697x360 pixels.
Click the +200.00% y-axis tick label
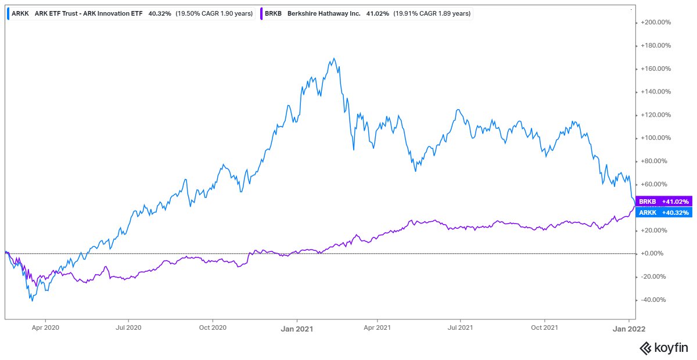(x=656, y=23)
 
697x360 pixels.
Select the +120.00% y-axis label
(x=656, y=115)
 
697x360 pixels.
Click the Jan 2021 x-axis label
(x=297, y=329)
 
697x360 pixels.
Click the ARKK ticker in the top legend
(x=20, y=12)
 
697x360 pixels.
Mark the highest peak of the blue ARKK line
(x=333, y=59)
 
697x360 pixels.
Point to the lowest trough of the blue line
(x=32, y=301)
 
